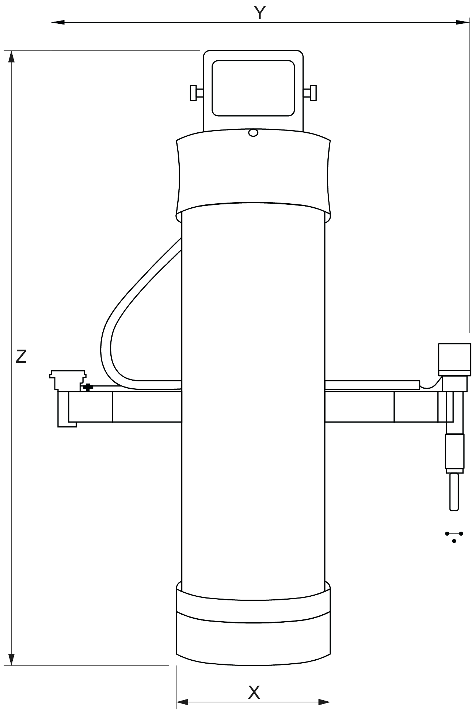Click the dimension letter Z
(21, 356)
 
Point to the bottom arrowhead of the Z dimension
(11, 659)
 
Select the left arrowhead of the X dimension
(183, 702)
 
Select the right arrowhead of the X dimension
(324, 702)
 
